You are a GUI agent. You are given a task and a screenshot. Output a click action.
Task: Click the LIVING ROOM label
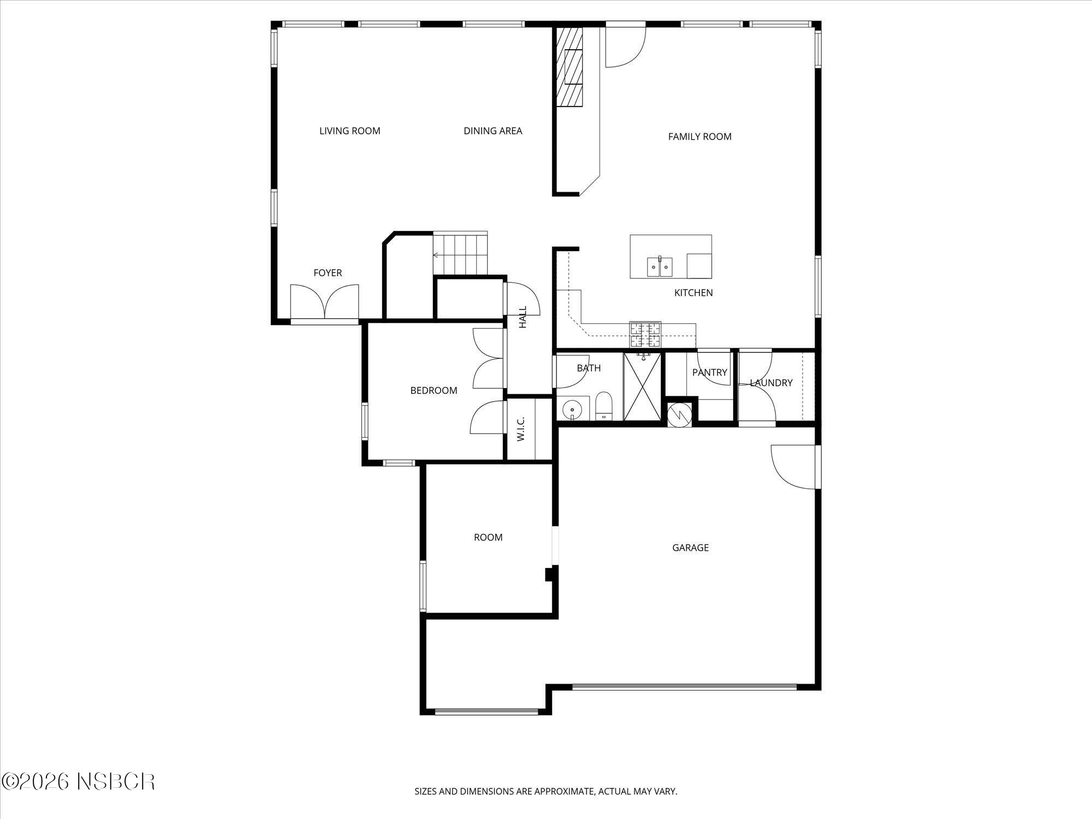click(349, 131)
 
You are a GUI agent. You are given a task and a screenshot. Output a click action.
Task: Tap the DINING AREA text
click(492, 131)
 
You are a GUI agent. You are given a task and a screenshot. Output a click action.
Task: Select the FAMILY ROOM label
click(699, 136)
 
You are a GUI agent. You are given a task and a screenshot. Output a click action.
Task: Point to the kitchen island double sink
click(660, 267)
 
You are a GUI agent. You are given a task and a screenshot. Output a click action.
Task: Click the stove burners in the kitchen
click(645, 335)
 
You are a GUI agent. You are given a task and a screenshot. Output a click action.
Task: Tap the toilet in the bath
click(604, 406)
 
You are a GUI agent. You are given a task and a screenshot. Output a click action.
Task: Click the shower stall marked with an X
click(642, 387)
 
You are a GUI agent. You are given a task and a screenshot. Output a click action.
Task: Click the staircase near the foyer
click(460, 254)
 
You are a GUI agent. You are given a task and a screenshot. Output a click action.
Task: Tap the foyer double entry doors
click(324, 301)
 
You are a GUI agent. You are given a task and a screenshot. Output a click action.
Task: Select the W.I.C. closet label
click(521, 429)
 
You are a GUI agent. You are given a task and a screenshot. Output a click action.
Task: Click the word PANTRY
click(709, 372)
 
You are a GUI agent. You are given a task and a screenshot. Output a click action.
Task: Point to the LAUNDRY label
click(770, 383)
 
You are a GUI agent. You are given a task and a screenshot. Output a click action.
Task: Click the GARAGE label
click(690, 548)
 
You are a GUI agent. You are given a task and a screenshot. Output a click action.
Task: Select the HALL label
click(523, 317)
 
